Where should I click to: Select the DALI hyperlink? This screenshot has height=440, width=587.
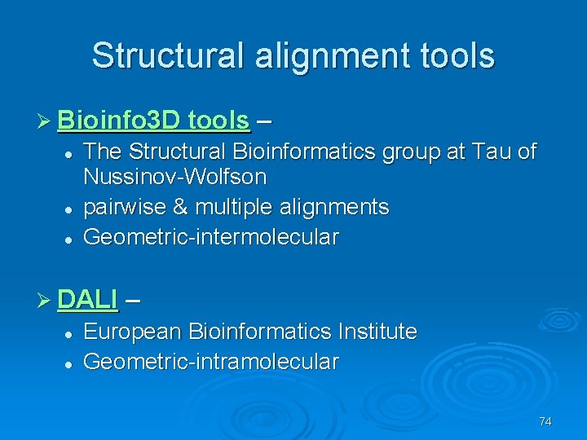tap(88, 299)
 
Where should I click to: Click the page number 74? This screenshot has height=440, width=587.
tap(545, 421)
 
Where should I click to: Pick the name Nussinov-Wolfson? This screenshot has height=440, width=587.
tap(175, 176)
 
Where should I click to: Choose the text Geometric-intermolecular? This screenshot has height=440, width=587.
tap(211, 237)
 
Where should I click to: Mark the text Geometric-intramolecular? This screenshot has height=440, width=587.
tap(211, 361)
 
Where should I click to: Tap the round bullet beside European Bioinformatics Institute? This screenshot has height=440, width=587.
tap(68, 333)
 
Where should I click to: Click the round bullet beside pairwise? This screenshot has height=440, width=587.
tap(68, 209)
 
